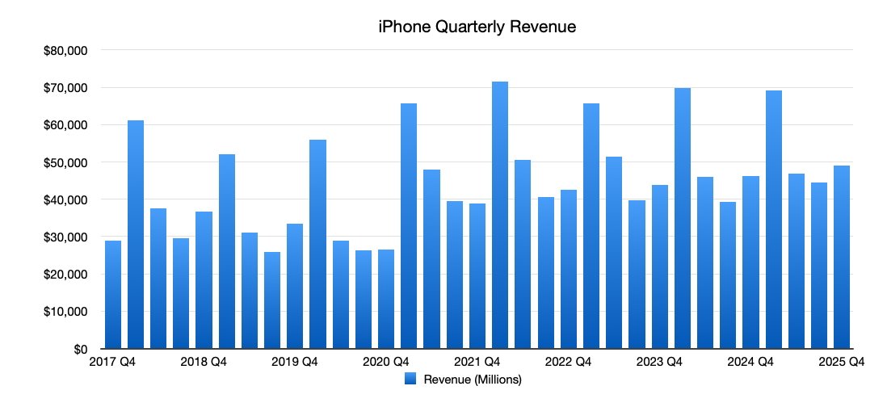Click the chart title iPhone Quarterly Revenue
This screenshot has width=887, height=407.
click(477, 27)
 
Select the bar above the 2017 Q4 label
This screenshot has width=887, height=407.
click(113, 295)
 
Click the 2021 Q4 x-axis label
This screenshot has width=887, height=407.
click(476, 363)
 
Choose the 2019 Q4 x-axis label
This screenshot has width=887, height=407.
click(294, 363)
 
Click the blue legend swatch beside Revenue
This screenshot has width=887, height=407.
click(410, 379)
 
